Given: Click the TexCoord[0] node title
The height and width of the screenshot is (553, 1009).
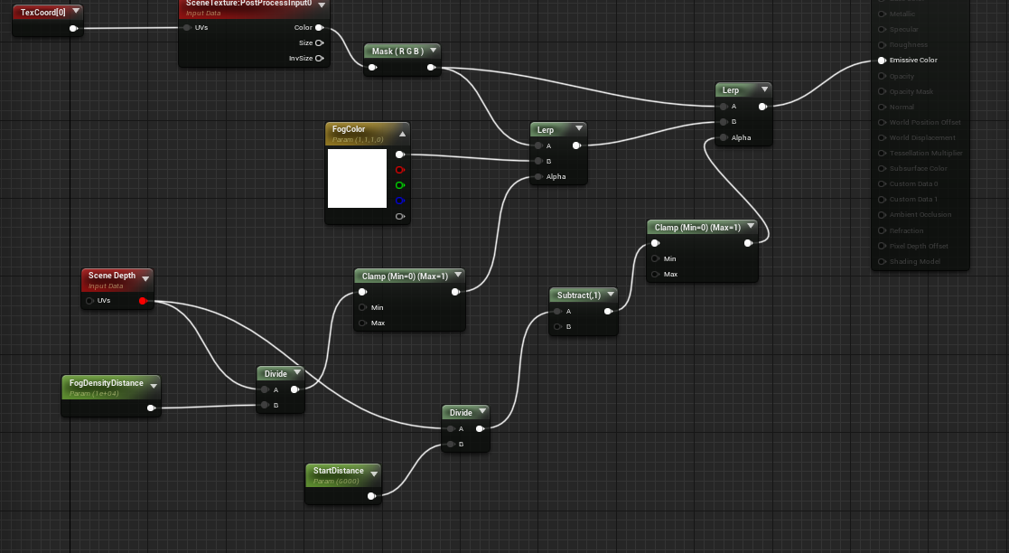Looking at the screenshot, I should point(40,12).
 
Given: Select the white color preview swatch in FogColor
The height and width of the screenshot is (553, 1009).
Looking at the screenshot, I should point(357,179).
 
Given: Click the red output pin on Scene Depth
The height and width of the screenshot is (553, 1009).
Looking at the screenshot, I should point(143,300).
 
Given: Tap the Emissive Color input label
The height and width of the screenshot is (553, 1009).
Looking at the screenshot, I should point(913,61).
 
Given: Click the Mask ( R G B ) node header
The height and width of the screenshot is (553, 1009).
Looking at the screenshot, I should point(396,52).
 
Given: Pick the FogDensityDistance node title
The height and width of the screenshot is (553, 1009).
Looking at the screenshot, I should point(106,383).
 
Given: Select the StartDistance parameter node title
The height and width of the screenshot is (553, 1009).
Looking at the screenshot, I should point(338,471).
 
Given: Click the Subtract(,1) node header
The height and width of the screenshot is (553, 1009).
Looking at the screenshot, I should point(578,295).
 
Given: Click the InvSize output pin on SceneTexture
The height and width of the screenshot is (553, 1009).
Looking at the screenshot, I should point(319,59).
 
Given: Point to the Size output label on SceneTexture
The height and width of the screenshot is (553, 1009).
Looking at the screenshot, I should point(305,43).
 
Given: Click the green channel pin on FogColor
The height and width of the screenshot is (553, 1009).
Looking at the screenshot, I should point(400,185).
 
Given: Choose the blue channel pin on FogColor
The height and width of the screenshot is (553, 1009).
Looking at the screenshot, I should point(400,201).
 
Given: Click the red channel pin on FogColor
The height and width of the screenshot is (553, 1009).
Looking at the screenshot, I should point(400,170).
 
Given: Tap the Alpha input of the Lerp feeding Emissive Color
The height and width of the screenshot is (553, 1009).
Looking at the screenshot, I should point(724,137).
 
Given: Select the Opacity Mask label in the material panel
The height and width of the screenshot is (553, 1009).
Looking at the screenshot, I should point(911,91).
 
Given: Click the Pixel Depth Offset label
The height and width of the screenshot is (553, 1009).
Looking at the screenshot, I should point(919,246).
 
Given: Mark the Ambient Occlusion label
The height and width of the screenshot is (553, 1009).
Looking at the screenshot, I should point(920,215).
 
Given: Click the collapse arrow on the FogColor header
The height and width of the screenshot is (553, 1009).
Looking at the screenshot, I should point(402,133).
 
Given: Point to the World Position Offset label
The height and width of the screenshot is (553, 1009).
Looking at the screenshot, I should point(925,122).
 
